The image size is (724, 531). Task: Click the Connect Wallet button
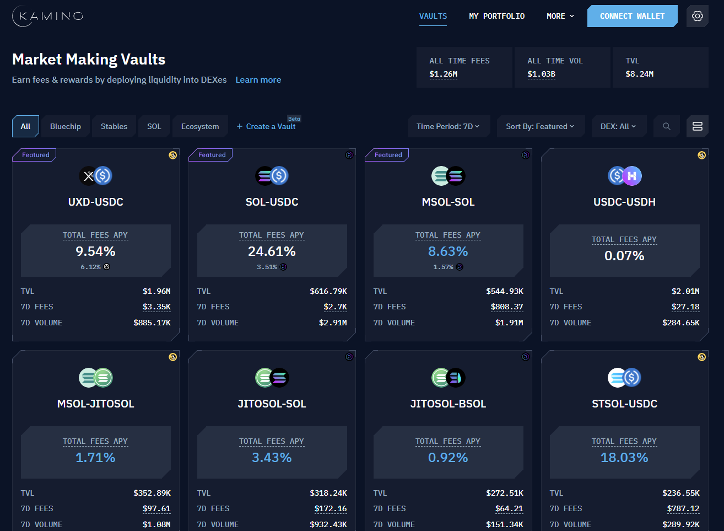[631, 16]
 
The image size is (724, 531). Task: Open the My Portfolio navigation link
[496, 16]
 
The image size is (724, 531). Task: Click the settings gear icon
[697, 16]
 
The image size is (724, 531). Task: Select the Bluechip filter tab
[66, 126]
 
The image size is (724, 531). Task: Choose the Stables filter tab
[114, 126]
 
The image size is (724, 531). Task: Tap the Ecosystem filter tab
[200, 126]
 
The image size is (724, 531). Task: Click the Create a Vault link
[267, 126]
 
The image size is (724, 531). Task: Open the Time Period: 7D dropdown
[447, 126]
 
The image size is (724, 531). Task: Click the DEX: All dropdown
[618, 126]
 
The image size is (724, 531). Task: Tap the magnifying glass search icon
[666, 126]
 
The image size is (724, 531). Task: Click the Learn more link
[258, 80]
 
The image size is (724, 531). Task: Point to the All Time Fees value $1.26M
[444, 74]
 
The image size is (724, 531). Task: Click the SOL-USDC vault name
[272, 202]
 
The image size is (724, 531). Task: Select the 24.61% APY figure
[272, 251]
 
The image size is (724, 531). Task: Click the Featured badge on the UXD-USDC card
[36, 155]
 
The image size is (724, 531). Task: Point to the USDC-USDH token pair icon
[625, 176]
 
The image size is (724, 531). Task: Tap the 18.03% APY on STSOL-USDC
[624, 458]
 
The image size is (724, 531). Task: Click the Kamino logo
[48, 16]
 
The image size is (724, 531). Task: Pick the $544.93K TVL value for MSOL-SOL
[505, 291]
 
